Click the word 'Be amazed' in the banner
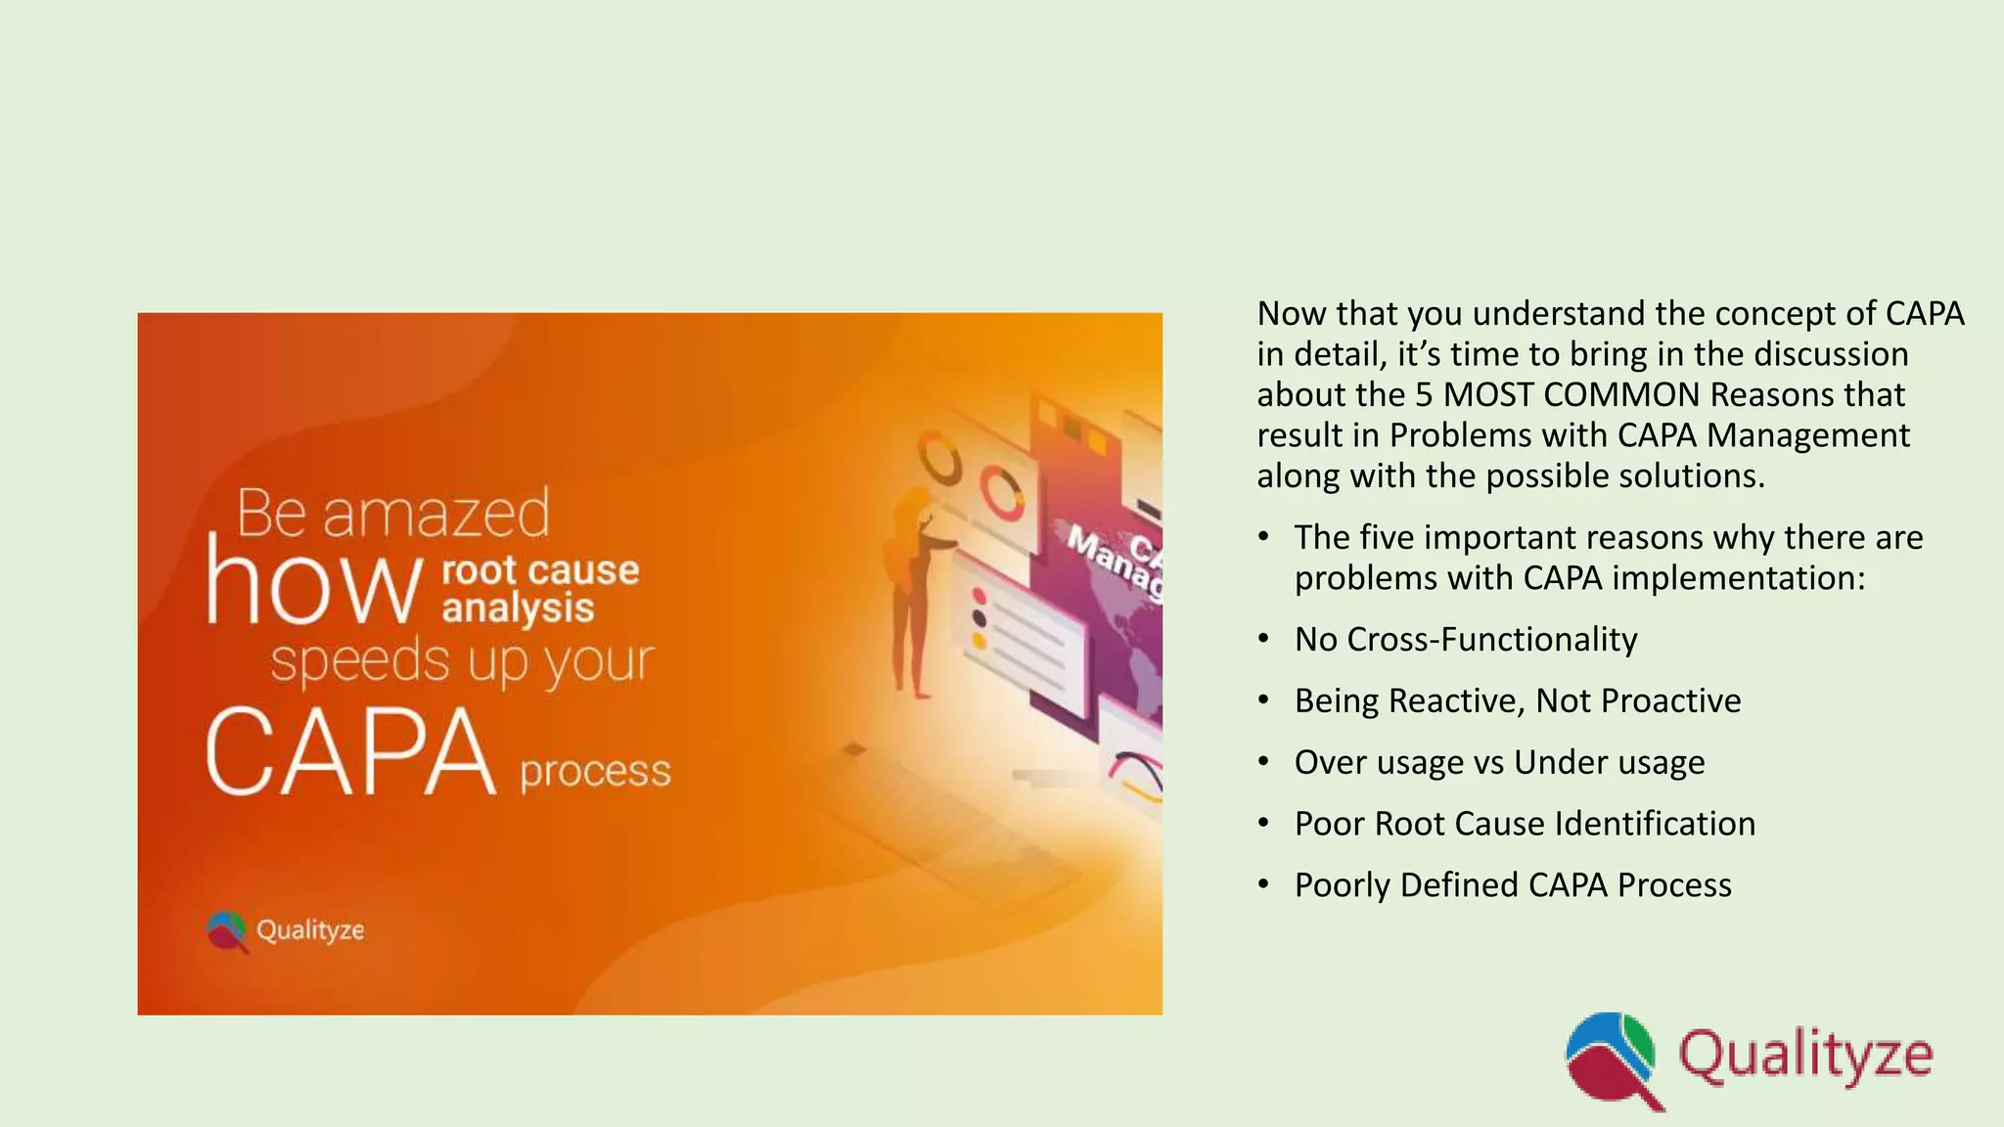point(393,513)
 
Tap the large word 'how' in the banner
point(313,585)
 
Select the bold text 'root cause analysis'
point(540,588)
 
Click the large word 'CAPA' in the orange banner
point(350,751)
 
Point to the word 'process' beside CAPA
point(595,771)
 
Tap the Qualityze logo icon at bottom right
point(1612,1059)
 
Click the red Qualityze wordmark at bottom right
point(1805,1058)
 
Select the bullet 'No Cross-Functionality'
point(1465,639)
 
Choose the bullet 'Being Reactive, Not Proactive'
point(1517,700)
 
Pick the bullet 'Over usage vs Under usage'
point(1499,762)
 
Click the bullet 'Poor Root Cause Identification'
point(1525,824)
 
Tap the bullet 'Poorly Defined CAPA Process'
point(1513,885)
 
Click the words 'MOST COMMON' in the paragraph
point(1571,394)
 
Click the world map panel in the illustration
point(1125,626)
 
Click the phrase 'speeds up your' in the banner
point(462,661)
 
